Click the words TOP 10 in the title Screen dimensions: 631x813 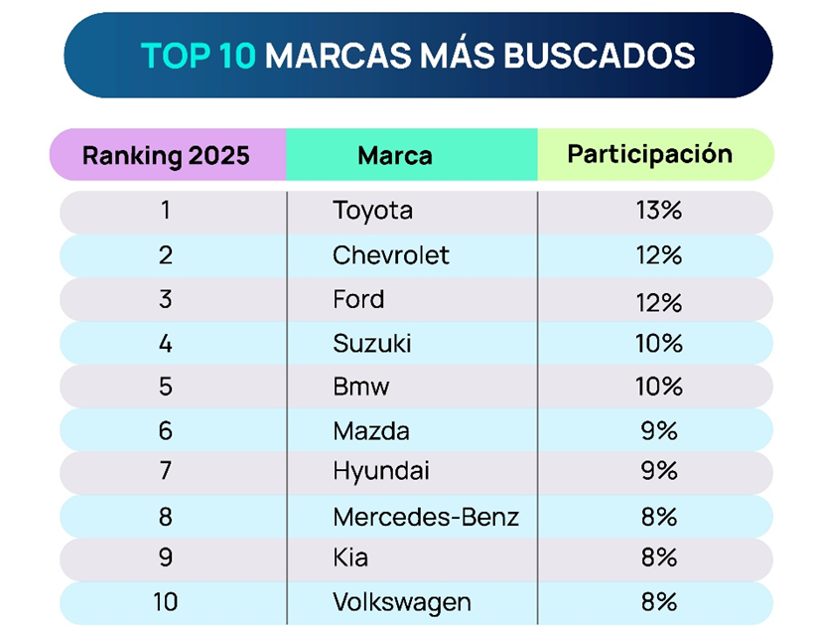[x=199, y=56]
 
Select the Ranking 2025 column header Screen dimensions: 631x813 [x=166, y=156]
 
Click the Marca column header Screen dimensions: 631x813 [x=395, y=156]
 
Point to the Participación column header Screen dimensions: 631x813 [x=650, y=155]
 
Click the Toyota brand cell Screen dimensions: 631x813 [x=372, y=212]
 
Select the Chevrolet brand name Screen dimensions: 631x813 [x=391, y=255]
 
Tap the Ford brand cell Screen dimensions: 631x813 [x=358, y=299]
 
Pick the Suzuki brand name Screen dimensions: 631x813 [x=372, y=344]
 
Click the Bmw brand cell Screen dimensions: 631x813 [x=361, y=387]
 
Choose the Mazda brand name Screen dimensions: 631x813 [x=371, y=431]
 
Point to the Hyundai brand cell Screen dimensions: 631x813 [x=381, y=471]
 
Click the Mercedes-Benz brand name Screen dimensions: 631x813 [x=426, y=517]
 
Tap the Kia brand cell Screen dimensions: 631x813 [x=350, y=558]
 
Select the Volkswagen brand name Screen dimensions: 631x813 [x=402, y=602]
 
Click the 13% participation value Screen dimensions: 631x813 [x=658, y=212]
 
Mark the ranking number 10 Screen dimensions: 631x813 [x=166, y=602]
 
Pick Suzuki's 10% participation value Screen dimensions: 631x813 [x=658, y=344]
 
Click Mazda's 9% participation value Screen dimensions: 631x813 [x=658, y=431]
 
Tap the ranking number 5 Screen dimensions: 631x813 [x=166, y=387]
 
